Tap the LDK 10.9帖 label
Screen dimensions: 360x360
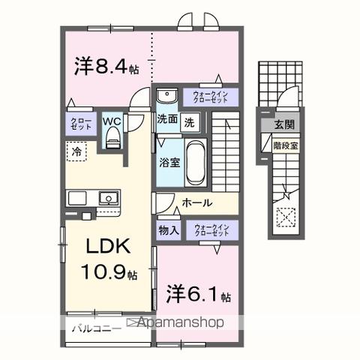pos(106,259)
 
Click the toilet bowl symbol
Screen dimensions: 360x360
pos(112,136)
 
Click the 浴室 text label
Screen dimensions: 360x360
pos(168,161)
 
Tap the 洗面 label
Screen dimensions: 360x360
pos(166,119)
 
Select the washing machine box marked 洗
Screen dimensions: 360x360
pos(190,121)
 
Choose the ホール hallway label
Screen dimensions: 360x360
pos(196,202)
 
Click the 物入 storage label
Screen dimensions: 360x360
pos(168,229)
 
